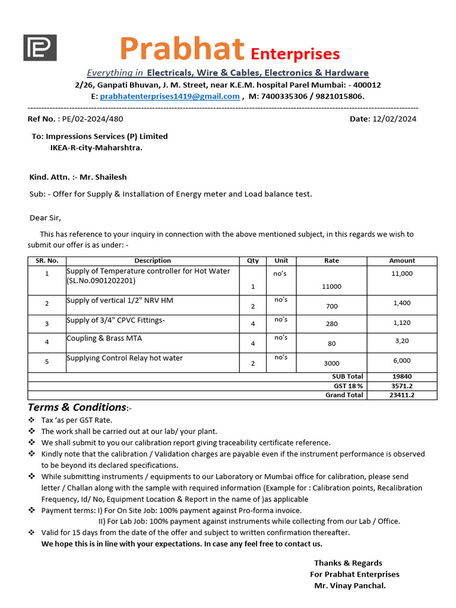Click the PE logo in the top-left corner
[x=40, y=47]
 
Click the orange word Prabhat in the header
[x=182, y=49]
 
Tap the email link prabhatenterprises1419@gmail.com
[x=170, y=96]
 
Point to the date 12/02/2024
[x=394, y=119]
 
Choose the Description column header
[x=153, y=261]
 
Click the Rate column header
[x=331, y=261]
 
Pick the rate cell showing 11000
[x=331, y=286]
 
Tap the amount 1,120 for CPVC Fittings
[x=402, y=323]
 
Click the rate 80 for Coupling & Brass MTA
[x=331, y=344]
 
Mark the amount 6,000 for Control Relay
[x=402, y=361]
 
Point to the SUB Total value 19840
[x=402, y=376]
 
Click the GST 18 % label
[x=349, y=386]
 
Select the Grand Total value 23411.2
[x=402, y=395]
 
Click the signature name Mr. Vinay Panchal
[x=350, y=585]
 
